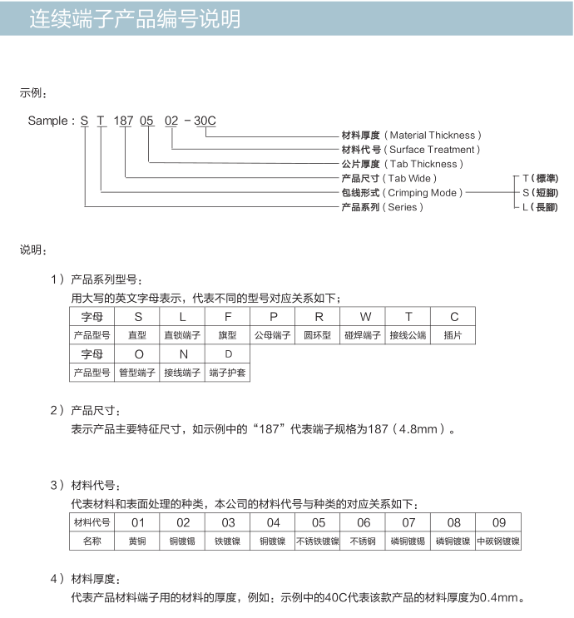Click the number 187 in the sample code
click(123, 121)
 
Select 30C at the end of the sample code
click(205, 121)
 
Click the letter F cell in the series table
click(228, 317)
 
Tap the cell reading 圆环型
click(318, 335)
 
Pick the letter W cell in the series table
click(364, 317)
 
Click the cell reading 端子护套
click(228, 373)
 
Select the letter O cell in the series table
click(138, 354)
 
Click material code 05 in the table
click(319, 522)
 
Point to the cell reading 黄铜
click(138, 541)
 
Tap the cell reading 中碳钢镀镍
click(498, 541)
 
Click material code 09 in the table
click(498, 522)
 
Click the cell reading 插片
click(453, 335)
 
